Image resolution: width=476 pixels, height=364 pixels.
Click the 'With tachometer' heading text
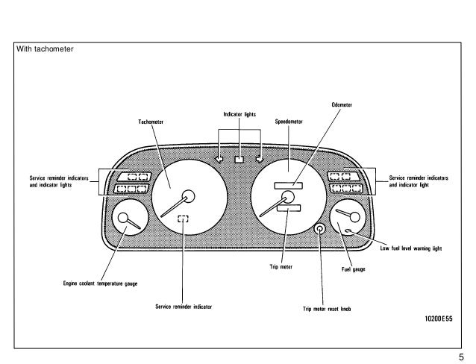click(44, 50)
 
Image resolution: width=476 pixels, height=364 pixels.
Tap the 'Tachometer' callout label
click(151, 122)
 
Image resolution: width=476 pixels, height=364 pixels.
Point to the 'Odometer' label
click(341, 106)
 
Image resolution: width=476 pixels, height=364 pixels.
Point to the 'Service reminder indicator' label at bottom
click(184, 306)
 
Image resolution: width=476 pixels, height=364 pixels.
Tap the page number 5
click(463, 357)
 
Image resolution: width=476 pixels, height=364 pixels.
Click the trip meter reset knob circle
click(319, 229)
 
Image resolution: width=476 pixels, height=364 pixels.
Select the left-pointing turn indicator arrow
click(219, 158)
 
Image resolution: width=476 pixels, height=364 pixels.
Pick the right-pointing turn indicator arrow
click(259, 158)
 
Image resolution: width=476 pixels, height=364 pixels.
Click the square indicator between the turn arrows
click(239, 158)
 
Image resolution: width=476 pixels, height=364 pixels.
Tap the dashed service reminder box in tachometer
click(184, 219)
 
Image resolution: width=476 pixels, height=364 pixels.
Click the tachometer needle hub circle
click(189, 197)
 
